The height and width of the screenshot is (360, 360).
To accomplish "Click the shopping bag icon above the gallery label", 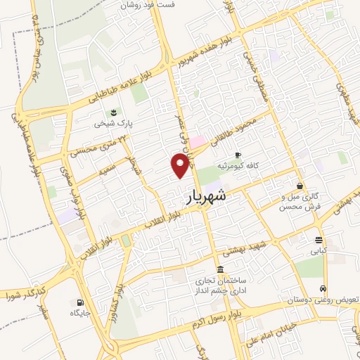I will click(x=300, y=186).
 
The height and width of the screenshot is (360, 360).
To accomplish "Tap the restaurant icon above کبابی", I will click(x=319, y=238).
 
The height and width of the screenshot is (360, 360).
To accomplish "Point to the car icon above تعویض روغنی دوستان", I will click(x=322, y=288).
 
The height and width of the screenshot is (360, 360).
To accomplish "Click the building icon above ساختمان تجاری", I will click(x=220, y=270).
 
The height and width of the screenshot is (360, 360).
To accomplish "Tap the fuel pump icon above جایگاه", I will click(x=77, y=304).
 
